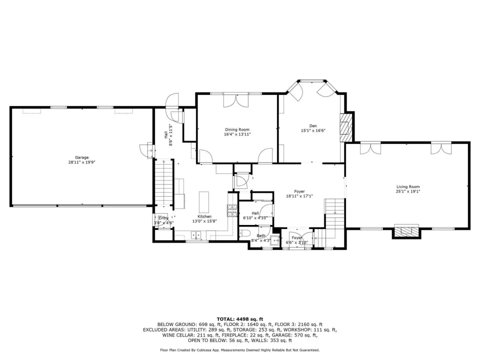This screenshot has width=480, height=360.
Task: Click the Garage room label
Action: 81,157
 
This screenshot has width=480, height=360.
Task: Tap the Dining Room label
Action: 237,129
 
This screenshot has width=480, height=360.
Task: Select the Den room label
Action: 313,126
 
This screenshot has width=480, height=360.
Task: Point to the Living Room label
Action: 408,186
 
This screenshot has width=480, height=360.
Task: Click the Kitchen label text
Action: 204,216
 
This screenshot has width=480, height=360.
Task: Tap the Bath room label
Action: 261,235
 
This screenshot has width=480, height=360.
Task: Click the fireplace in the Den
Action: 346,127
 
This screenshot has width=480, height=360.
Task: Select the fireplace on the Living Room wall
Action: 406,231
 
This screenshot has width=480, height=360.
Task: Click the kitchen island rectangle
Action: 204,202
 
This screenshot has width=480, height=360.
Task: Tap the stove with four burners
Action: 232,210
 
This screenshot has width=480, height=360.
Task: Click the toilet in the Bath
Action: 244,234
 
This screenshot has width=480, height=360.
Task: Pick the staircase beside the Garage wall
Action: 164,182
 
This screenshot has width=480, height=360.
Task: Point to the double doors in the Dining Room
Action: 235,100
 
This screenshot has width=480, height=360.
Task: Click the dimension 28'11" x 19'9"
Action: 81,162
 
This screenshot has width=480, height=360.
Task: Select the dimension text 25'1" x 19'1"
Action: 408,191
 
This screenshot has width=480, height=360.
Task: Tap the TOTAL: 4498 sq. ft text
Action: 240,319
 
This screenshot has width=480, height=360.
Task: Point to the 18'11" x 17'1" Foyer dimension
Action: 299,196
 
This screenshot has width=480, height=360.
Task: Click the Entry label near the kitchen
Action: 163,218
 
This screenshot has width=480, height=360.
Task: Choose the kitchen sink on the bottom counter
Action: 196,235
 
